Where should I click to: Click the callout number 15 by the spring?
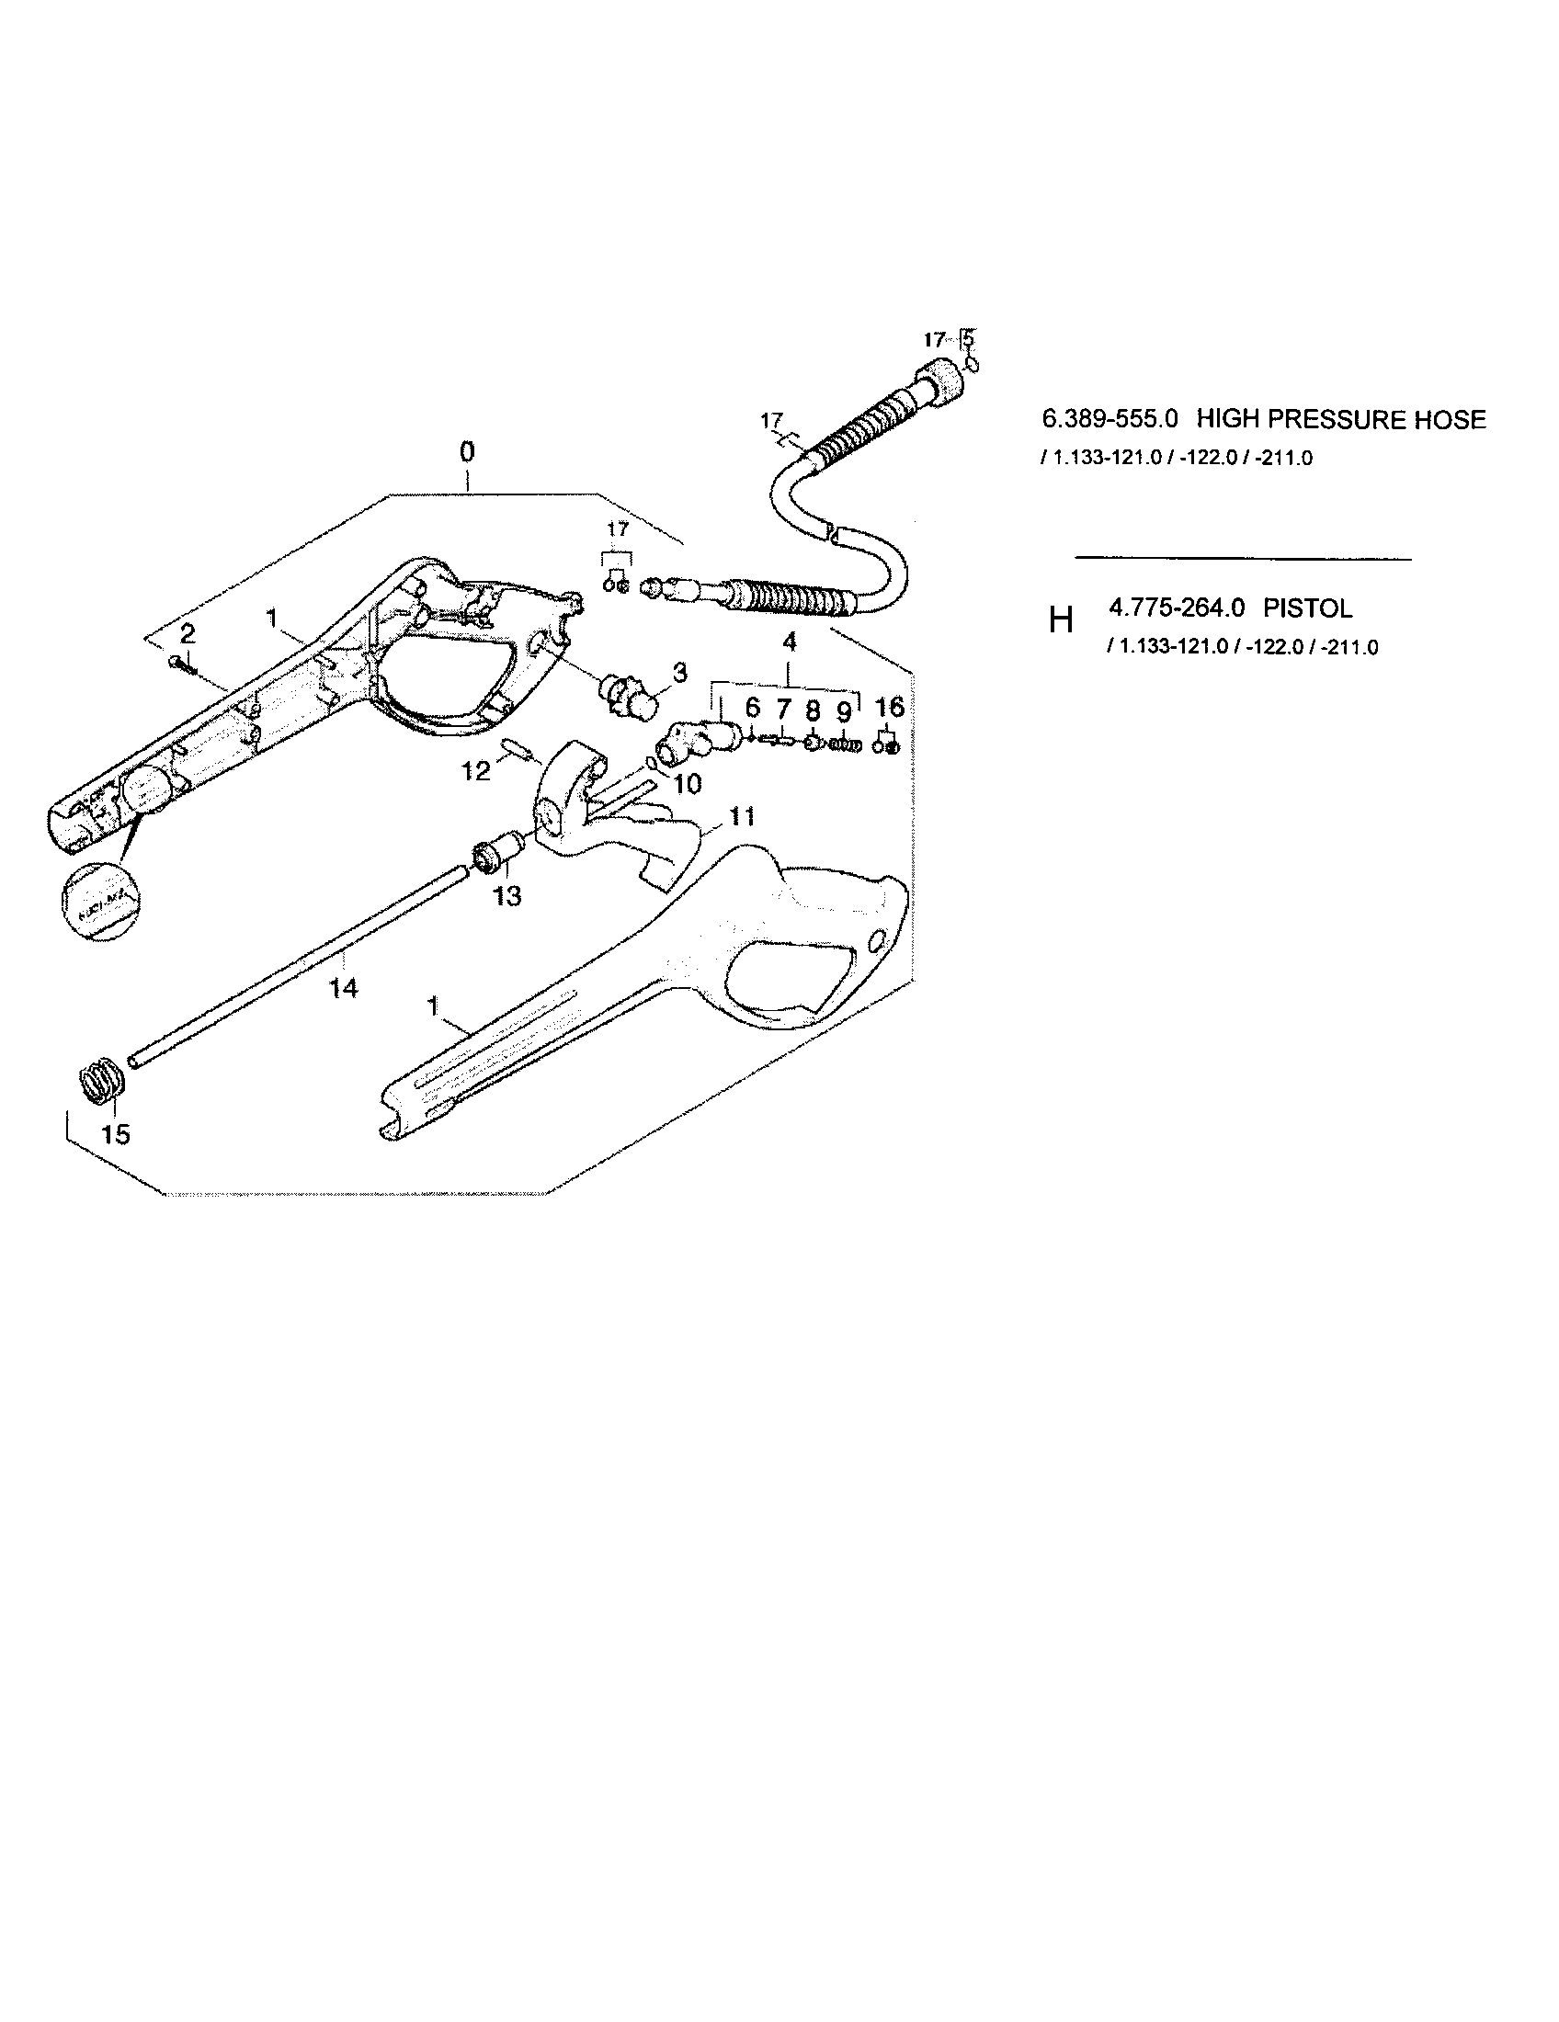115,1134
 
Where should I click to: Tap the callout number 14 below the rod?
343,989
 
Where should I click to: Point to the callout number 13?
507,895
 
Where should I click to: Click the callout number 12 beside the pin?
476,770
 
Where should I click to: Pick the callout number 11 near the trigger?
742,816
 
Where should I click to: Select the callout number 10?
687,784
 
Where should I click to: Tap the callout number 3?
679,672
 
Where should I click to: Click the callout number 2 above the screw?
187,634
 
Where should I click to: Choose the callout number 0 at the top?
468,452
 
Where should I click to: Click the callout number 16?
889,708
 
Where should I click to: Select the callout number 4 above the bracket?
790,642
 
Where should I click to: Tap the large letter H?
1061,620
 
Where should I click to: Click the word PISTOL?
1307,608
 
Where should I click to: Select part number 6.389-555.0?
1110,419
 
